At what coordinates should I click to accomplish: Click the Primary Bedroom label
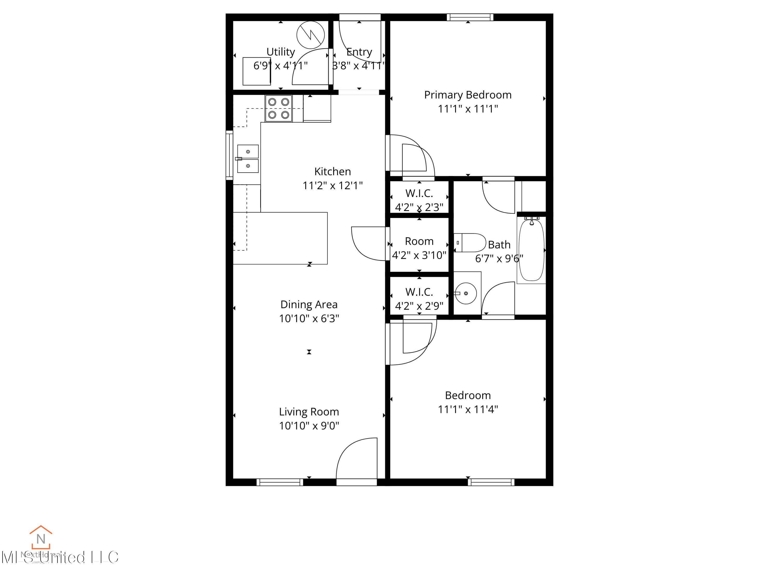[467, 95]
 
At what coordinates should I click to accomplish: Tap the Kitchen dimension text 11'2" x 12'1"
[332, 186]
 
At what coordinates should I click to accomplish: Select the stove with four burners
[279, 108]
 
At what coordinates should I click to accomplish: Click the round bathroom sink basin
[466, 293]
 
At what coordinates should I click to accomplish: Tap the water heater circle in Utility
[310, 35]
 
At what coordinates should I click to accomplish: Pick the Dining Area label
[309, 304]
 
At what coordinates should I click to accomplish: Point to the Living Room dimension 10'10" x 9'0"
[309, 426]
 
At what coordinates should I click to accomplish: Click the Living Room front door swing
[357, 459]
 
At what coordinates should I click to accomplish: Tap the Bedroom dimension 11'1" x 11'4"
[467, 409]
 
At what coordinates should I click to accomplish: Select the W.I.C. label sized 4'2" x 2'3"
[419, 193]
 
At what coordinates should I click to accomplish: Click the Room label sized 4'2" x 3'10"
[419, 241]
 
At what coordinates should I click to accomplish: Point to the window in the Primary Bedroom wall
[469, 17]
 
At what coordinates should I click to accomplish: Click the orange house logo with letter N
[41, 538]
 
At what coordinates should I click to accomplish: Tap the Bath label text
[499, 245]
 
